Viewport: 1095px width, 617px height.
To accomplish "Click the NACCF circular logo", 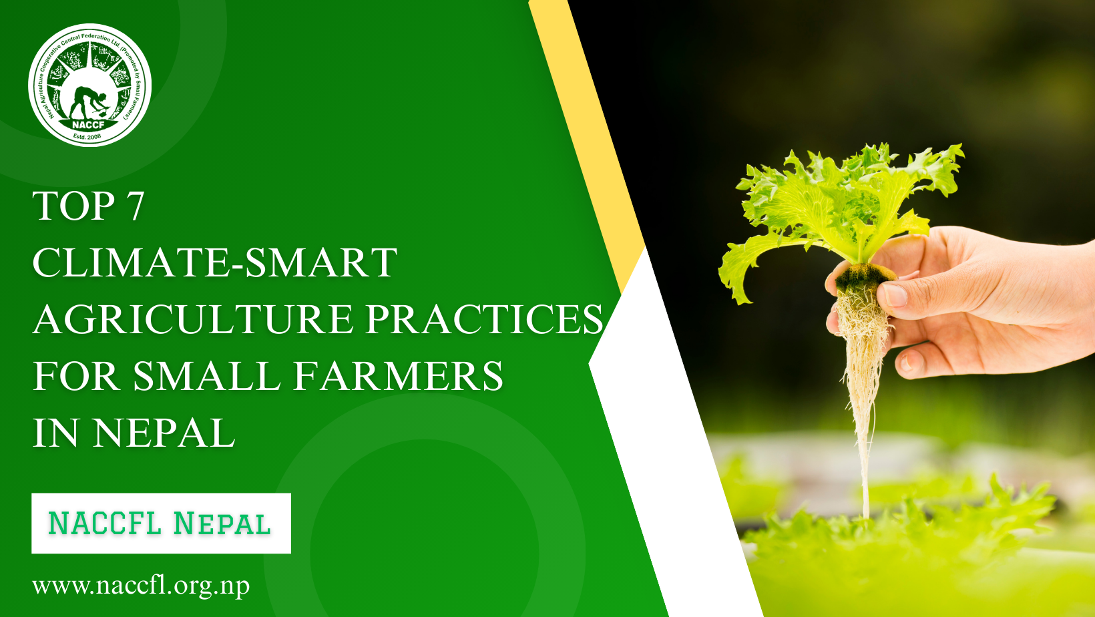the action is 90,85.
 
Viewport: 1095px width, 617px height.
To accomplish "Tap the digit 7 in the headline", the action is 135,206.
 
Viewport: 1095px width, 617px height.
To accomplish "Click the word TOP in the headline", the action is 74,206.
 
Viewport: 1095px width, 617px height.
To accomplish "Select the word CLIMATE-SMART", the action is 214,262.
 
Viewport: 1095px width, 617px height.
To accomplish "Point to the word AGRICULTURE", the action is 192,319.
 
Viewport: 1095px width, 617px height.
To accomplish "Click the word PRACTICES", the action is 484,319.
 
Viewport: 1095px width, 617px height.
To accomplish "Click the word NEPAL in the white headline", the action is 164,433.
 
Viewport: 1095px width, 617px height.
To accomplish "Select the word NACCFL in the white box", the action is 105,523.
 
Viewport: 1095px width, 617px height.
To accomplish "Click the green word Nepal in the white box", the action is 222,524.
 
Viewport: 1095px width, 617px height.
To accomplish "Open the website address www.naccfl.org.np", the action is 141,586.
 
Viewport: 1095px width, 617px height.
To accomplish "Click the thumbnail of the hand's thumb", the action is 895,294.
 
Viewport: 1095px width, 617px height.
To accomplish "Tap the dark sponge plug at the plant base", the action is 863,276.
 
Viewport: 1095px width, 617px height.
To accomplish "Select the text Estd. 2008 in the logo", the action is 87,137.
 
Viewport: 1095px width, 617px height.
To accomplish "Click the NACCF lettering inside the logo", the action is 89,124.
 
